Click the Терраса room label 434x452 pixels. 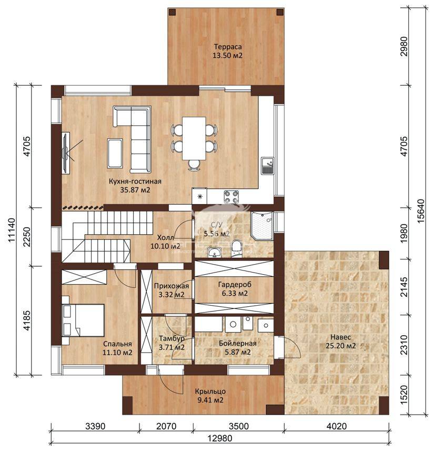tap(228, 46)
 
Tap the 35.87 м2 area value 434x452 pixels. tap(135, 190)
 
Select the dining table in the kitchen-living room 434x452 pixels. tap(194, 138)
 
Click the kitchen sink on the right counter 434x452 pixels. tap(268, 165)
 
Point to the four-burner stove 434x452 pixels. tap(231, 197)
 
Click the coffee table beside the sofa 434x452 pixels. tap(115, 153)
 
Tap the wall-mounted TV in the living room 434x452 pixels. tap(66, 153)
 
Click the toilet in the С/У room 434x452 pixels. tap(237, 248)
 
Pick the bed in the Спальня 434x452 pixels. tap(83, 320)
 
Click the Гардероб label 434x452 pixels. tap(235, 285)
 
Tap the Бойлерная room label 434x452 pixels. tap(237, 343)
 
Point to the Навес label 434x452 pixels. tap(340, 337)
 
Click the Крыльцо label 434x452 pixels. tap(210, 391)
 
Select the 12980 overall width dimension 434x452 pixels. tap(220, 438)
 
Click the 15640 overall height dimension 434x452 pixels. tap(420, 210)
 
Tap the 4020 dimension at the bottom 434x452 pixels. tap(337, 426)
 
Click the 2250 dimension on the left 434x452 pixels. tap(27, 237)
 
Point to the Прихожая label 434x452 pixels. tap(171, 286)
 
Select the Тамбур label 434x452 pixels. tap(171, 339)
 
